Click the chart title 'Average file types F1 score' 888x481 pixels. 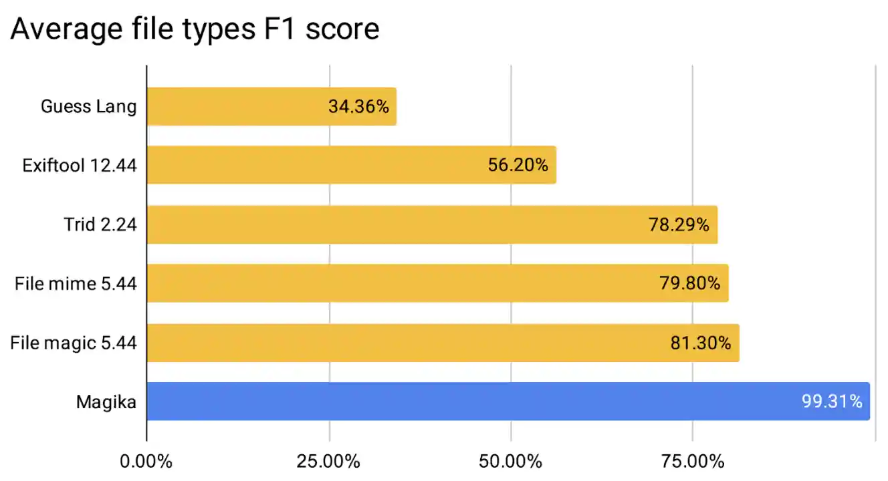195,29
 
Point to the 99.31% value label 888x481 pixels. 832,402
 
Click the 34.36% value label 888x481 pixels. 358,106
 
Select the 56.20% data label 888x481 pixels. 518,165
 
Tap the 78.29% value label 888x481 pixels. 679,224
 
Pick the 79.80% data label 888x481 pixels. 689,283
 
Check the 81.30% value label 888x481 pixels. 700,343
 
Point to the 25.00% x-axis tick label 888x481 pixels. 328,462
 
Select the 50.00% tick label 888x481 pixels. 510,462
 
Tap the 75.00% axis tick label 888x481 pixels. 692,462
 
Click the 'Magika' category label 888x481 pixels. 106,402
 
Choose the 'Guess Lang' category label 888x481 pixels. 89,106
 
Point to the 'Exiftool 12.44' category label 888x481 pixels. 80,165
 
